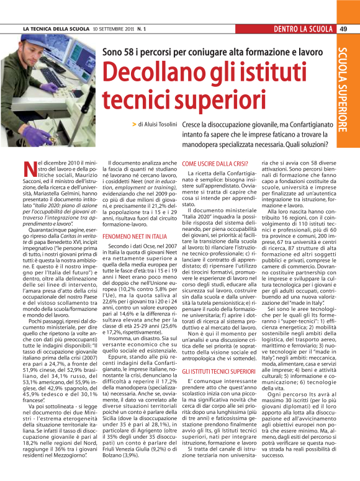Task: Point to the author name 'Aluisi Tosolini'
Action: (162, 125)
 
